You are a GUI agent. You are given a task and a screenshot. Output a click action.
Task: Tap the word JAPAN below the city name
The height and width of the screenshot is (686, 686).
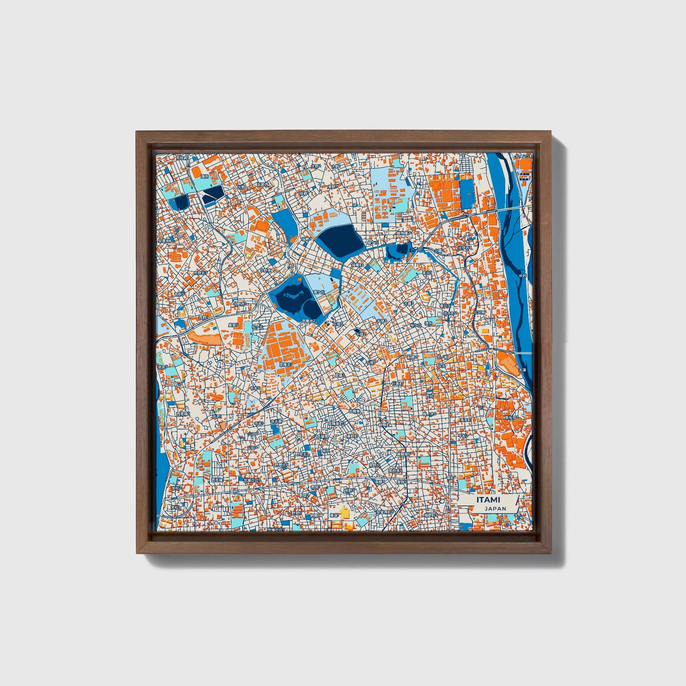coord(495,508)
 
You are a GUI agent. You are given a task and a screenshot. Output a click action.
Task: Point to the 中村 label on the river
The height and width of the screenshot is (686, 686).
coord(522,275)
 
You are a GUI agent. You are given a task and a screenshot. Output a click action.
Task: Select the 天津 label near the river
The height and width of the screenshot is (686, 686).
coord(522,370)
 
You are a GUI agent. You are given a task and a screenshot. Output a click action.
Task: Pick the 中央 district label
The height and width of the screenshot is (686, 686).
coord(442,366)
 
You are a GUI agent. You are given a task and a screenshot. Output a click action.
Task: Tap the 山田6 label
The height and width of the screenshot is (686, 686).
coord(252,447)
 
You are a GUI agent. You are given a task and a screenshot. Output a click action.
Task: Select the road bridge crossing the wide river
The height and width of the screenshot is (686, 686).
coord(513,208)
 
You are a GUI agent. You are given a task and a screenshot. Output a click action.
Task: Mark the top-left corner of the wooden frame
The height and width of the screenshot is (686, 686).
coord(137,132)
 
